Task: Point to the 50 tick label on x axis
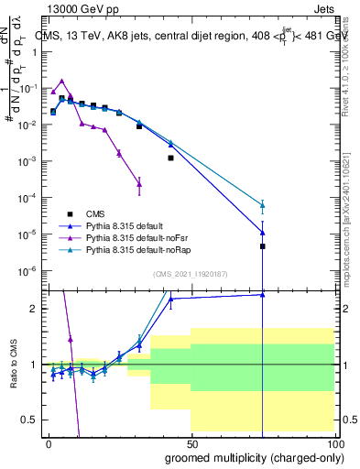point(191,442)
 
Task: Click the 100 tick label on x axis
point(333,442)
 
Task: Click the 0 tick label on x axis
point(48,442)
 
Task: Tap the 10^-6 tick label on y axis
point(27,270)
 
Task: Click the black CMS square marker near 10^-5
point(262,246)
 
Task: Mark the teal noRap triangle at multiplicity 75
point(262,205)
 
